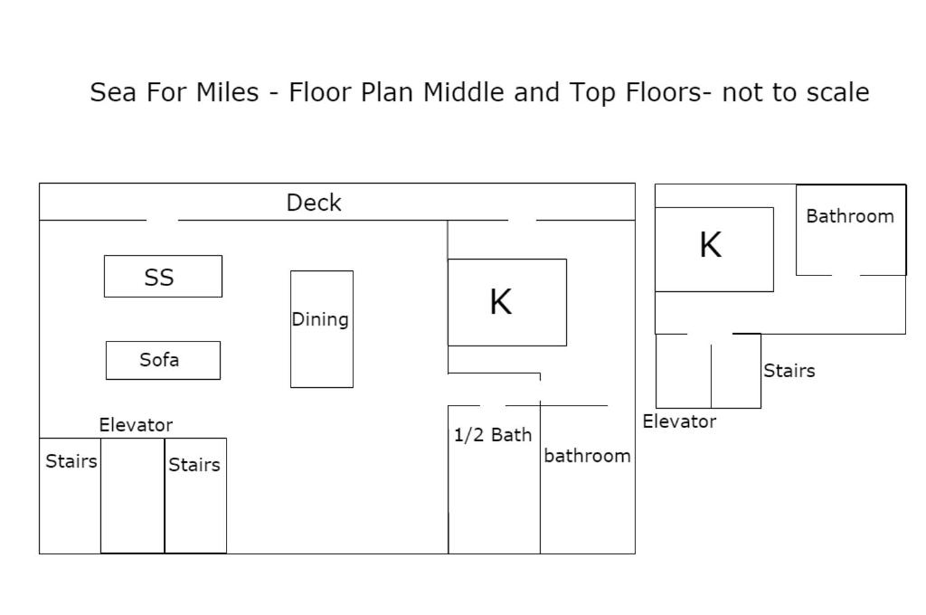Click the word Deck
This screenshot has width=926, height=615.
click(x=314, y=203)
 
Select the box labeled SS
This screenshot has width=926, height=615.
click(x=163, y=276)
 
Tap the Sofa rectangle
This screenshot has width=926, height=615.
click(x=163, y=360)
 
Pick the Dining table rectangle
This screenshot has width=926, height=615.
click(x=322, y=329)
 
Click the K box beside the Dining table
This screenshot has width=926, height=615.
click(x=507, y=302)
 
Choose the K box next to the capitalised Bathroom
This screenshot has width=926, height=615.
click(x=714, y=250)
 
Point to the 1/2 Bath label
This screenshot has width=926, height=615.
click(x=493, y=435)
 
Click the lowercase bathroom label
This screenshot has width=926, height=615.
click(x=587, y=456)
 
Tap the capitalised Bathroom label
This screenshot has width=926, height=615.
click(x=850, y=216)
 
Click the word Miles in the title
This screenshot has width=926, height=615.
click(x=227, y=92)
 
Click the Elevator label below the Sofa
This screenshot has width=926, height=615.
click(x=136, y=425)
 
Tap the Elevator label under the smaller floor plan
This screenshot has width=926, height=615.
click(x=679, y=421)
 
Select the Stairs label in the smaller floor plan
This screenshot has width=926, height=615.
click(x=789, y=371)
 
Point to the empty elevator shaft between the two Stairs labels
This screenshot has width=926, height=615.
click(x=132, y=496)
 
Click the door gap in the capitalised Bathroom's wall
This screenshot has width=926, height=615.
click(x=846, y=275)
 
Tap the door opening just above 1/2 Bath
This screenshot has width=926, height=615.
click(x=493, y=406)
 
